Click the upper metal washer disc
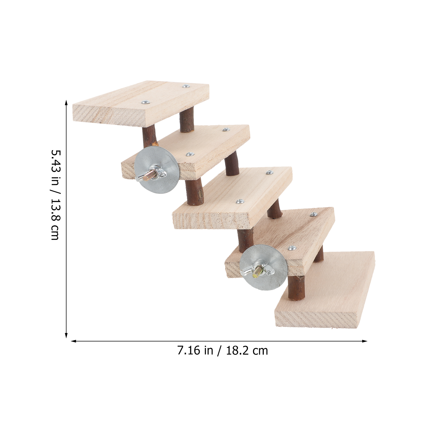point(157,170)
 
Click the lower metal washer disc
point(263,267)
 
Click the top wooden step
point(141,103)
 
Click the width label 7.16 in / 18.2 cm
point(223,350)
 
